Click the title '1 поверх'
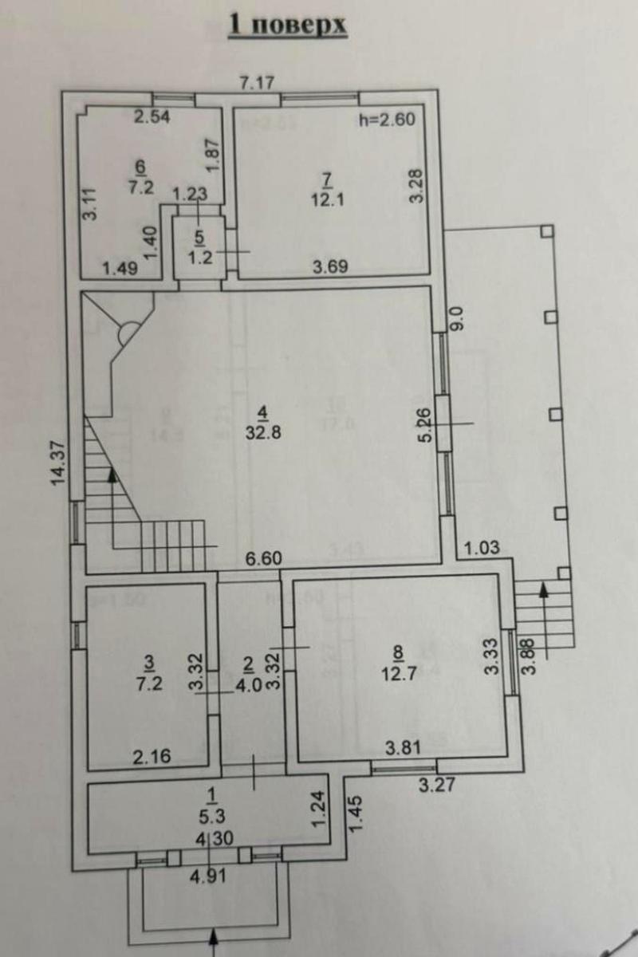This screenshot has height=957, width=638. tap(288, 25)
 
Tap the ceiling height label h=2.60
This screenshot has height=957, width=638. tap(388, 121)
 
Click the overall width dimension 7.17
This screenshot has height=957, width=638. tap(258, 81)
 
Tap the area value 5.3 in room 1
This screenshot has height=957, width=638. tap(211, 815)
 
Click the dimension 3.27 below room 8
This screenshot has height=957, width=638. tap(436, 783)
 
